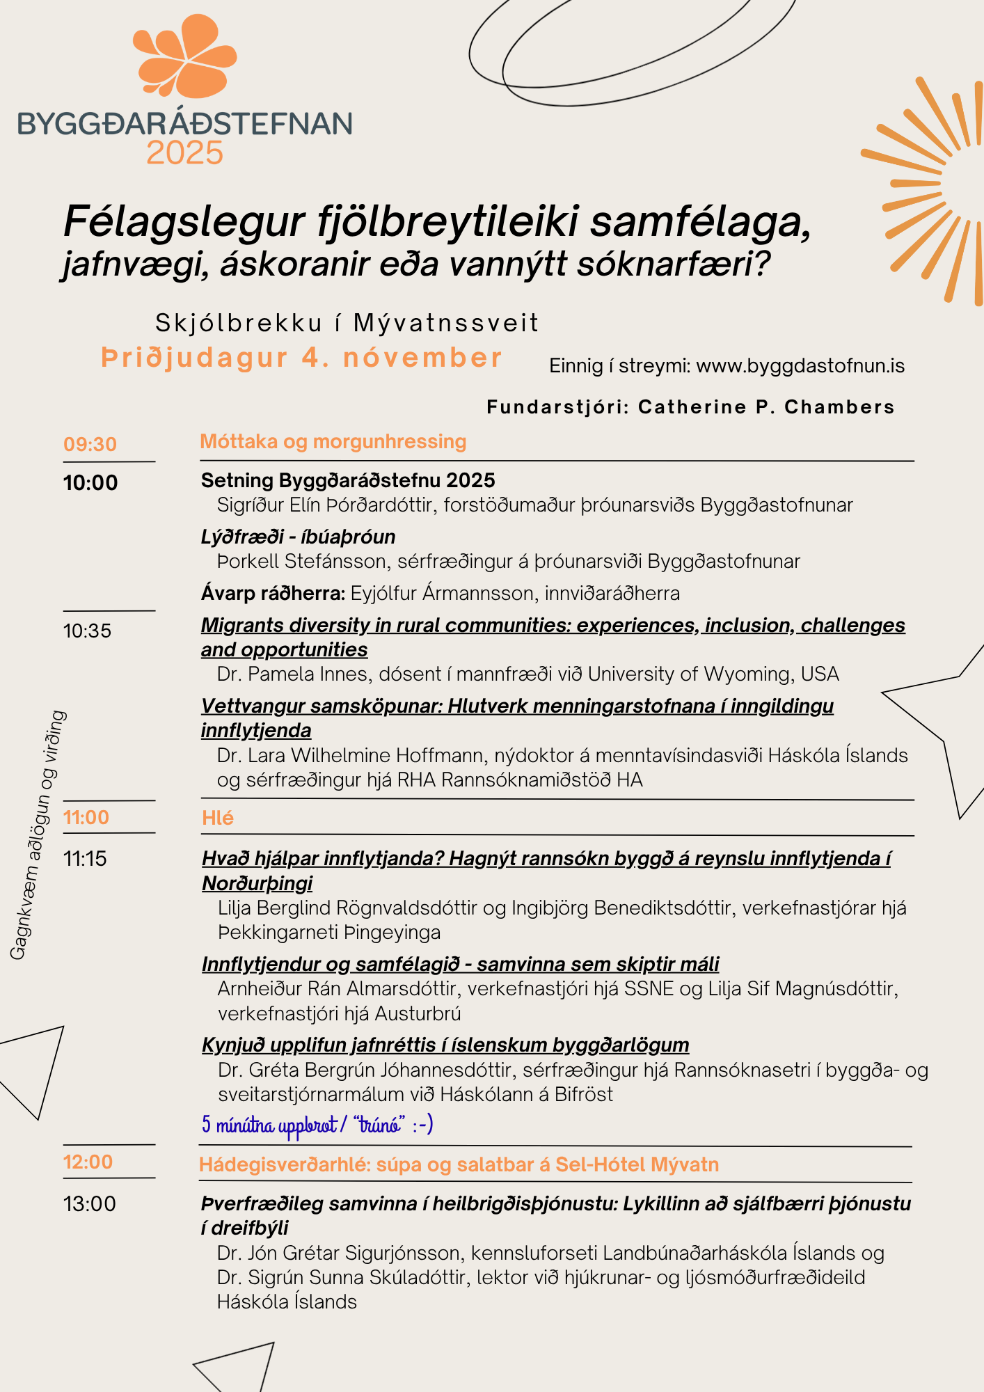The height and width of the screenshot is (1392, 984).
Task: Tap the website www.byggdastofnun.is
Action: coord(800,366)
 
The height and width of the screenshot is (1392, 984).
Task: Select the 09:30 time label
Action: coord(90,444)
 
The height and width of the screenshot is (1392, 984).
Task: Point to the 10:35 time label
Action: coord(88,631)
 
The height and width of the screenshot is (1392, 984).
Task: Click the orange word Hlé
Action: coord(218,818)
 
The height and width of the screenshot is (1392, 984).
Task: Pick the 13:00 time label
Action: coord(90,1203)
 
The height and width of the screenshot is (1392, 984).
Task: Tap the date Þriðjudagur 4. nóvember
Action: coord(301,358)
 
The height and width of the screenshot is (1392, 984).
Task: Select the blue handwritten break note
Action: coord(317,1125)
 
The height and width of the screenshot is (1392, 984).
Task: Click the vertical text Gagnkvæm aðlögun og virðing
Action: coord(38,835)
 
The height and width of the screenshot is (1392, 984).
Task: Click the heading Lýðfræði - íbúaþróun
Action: coord(298,537)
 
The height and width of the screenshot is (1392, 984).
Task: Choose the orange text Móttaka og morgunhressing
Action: coord(333,441)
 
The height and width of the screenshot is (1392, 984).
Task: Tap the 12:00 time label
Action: coord(88,1162)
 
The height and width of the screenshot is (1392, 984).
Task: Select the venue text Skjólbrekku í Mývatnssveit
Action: coord(347,323)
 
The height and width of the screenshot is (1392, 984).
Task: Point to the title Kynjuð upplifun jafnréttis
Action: coord(445,1045)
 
